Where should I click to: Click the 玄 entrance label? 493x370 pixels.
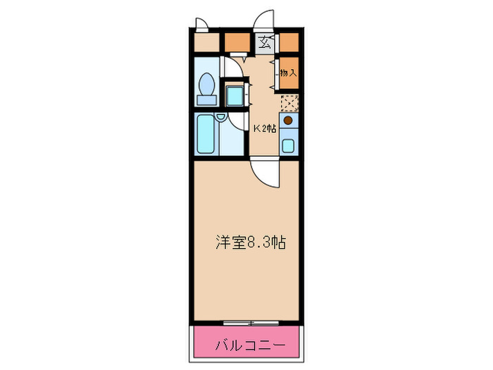point(265,43)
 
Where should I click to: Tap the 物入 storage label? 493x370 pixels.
point(288,72)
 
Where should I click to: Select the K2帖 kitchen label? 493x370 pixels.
point(265,128)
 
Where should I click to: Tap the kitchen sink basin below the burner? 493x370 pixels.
point(288,146)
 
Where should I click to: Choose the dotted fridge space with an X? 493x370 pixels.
point(289,103)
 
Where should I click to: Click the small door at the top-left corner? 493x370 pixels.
point(201,22)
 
